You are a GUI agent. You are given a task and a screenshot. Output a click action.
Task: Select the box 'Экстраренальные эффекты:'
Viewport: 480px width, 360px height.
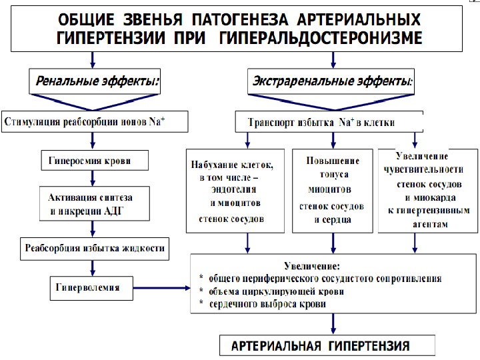tap(332, 82)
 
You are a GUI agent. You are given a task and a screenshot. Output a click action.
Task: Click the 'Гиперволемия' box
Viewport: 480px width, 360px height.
tap(91, 288)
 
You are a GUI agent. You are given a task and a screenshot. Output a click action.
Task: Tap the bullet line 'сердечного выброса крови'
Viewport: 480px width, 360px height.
tap(267, 304)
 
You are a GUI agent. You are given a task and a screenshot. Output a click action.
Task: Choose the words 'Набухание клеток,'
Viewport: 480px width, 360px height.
tap(233, 164)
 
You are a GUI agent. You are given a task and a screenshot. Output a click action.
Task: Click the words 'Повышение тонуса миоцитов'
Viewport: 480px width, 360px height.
tap(331, 170)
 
